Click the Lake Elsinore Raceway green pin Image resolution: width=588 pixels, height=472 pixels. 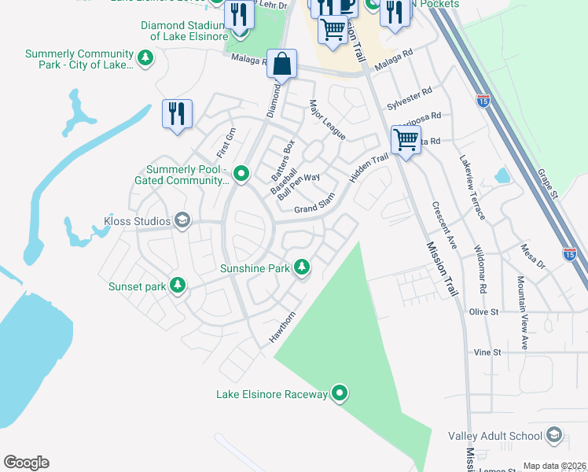click(x=340, y=392)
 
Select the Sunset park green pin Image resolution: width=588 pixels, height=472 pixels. click(x=178, y=286)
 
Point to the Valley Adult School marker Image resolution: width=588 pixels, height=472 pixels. click(x=553, y=436)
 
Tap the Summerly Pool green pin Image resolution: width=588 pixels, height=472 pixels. click(x=241, y=173)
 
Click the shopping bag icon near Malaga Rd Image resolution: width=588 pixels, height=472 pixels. click(x=281, y=64)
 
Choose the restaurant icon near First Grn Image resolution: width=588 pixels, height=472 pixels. click(x=177, y=113)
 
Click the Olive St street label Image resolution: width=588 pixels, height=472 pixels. click(x=484, y=312)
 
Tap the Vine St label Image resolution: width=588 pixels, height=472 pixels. click(x=487, y=352)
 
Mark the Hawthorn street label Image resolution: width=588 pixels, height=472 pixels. click(x=282, y=327)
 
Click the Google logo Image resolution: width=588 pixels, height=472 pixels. click(x=26, y=463)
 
